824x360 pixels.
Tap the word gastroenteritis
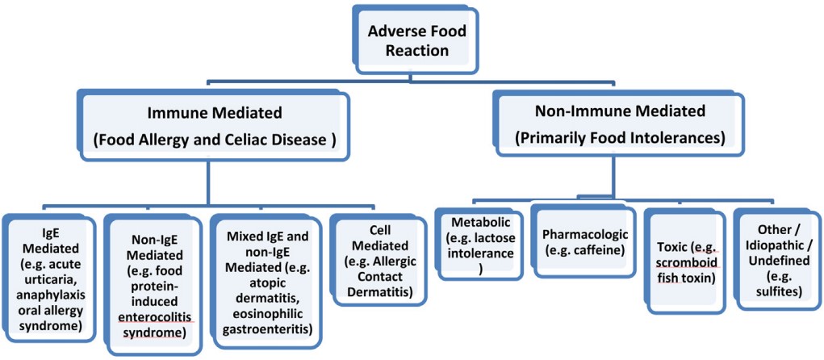pyautogui.click(x=266, y=329)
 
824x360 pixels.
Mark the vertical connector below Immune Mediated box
pyautogui.click(x=209, y=180)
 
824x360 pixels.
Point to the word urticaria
pyautogui.click(x=53, y=279)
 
